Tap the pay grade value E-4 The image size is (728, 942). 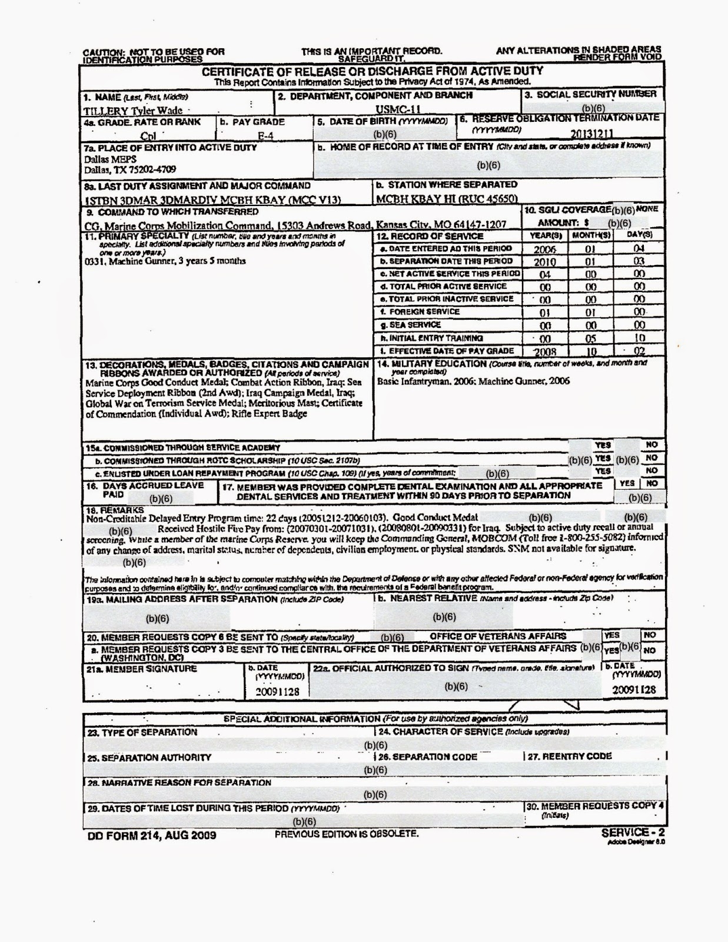point(267,134)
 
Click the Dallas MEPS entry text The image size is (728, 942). point(110,159)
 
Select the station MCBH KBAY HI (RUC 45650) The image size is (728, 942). point(447,199)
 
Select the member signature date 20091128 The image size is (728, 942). point(277,692)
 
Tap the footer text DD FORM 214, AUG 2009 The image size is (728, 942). point(151,835)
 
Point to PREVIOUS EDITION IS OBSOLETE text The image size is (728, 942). point(347,834)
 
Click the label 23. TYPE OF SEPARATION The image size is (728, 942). point(142,732)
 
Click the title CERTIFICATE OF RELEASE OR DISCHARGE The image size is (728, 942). point(373,72)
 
